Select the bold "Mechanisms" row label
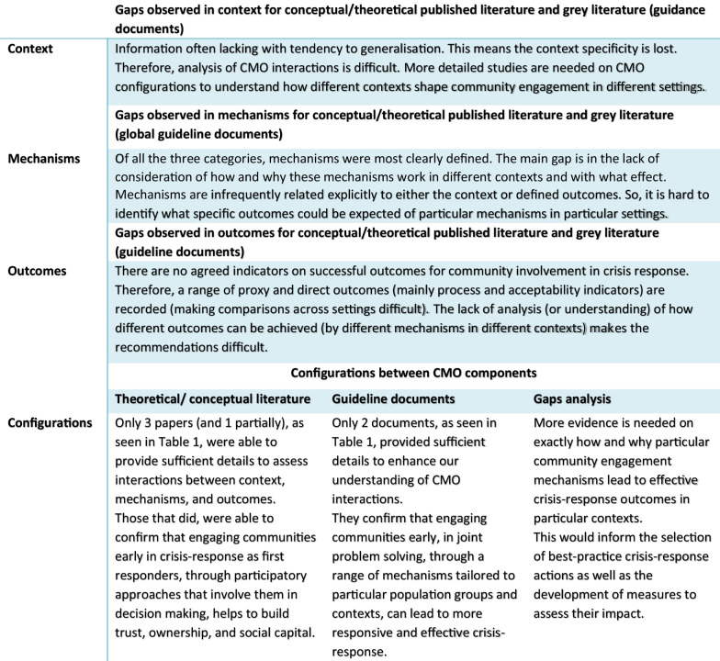tap(44, 159)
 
